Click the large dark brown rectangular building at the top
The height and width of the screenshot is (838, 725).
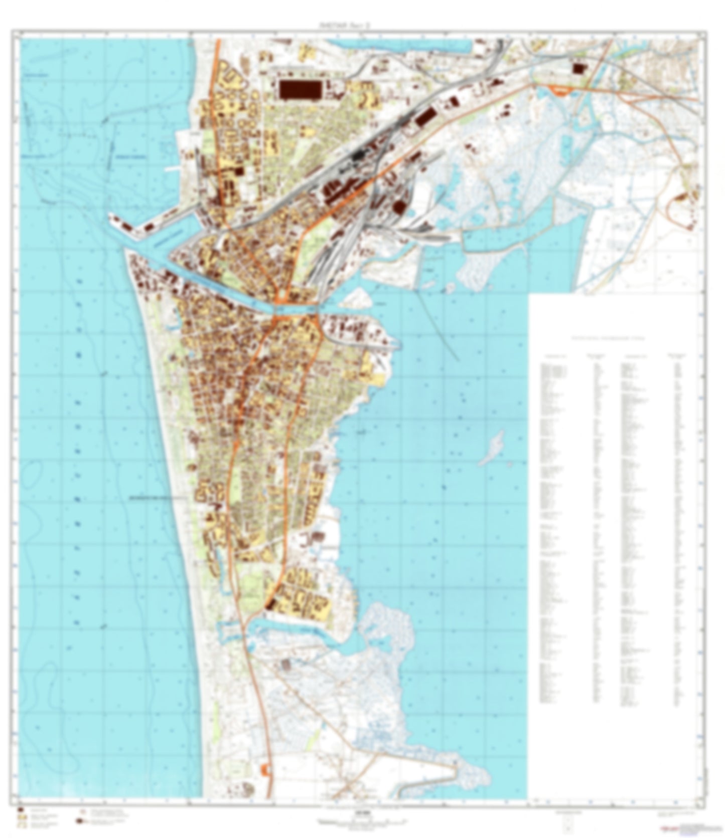point(300,90)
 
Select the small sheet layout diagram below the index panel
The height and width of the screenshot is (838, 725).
point(567,822)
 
